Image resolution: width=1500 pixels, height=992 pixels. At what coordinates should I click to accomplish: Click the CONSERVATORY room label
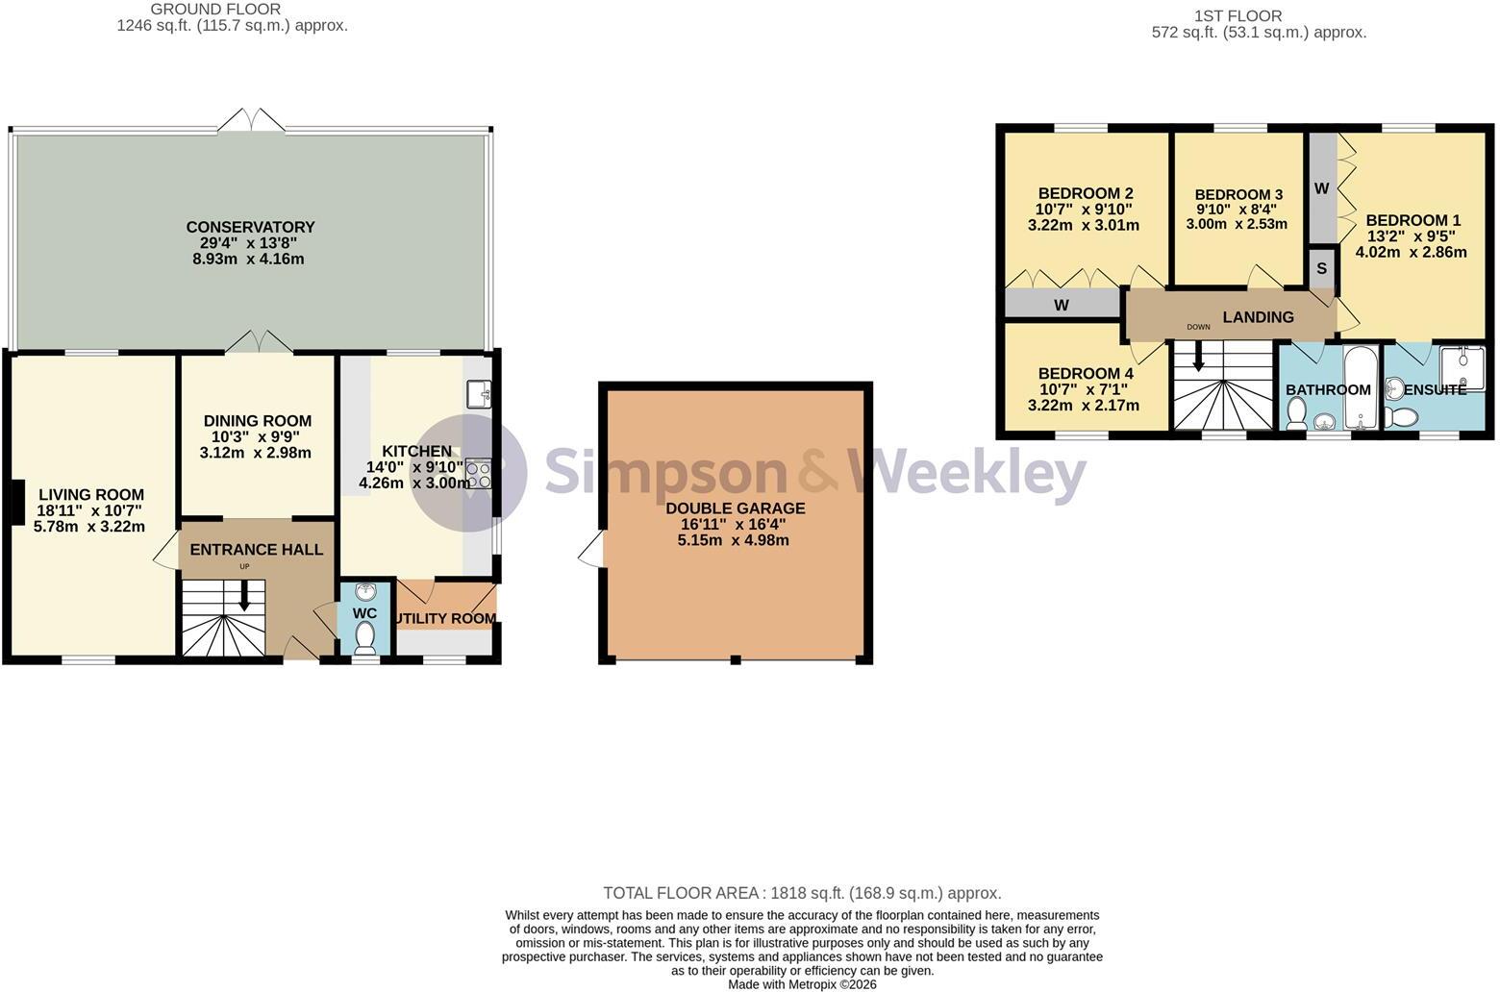[250, 227]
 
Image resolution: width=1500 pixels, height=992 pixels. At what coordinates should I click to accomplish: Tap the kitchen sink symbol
[479, 394]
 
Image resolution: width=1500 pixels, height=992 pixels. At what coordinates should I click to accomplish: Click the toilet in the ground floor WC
[365, 637]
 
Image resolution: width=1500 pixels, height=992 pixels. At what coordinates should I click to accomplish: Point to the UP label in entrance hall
[244, 566]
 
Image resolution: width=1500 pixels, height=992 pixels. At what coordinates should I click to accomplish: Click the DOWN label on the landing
[1198, 328]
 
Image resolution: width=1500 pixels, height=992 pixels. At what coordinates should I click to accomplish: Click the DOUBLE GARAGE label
[736, 508]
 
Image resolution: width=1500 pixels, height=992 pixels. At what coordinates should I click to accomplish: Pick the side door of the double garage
[592, 549]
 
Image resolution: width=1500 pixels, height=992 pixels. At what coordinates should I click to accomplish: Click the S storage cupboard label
[1321, 268]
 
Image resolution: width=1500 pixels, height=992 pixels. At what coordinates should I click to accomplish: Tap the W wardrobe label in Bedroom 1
[1321, 188]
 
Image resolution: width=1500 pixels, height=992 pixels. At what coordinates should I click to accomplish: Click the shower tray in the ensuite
[1462, 369]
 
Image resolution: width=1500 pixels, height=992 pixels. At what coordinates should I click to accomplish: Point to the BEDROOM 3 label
[1238, 195]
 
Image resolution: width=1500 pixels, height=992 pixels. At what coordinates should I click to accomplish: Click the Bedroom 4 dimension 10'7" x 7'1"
[1083, 389]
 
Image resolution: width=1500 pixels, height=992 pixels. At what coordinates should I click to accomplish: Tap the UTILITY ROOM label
[445, 618]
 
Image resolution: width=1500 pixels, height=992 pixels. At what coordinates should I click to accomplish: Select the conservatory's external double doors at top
[251, 120]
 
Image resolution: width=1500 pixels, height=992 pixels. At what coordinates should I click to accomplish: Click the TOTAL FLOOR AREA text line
[802, 893]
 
